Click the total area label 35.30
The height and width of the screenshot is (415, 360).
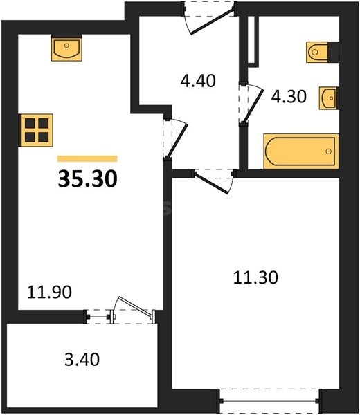(x=87, y=178)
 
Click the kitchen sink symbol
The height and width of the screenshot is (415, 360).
(x=66, y=49)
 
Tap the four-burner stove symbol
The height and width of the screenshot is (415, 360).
(x=37, y=129)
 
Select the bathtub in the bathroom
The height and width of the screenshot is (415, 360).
(x=300, y=151)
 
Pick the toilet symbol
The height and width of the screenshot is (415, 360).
(x=317, y=50)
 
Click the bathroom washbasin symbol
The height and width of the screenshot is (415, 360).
(x=329, y=98)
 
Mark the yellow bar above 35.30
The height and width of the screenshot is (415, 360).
(x=87, y=158)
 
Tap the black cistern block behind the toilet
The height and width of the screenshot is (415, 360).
(x=334, y=50)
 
